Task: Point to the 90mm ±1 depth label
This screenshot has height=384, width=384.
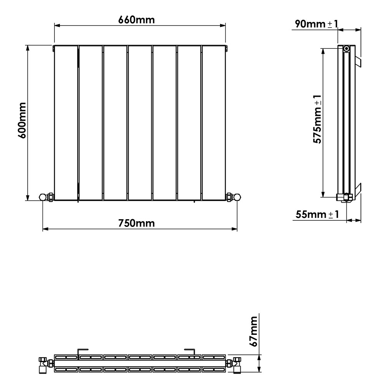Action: (316, 24)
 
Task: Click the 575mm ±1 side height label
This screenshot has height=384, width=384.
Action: (318, 119)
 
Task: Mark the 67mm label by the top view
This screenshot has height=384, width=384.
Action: (253, 331)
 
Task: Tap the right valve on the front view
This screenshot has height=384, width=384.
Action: (233, 197)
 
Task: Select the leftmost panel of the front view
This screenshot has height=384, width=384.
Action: (66, 123)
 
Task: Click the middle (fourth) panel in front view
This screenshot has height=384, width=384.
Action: (139, 123)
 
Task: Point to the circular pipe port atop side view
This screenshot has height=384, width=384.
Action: (347, 48)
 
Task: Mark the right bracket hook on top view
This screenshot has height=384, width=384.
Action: (190, 351)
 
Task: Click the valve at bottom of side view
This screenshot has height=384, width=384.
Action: (345, 197)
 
